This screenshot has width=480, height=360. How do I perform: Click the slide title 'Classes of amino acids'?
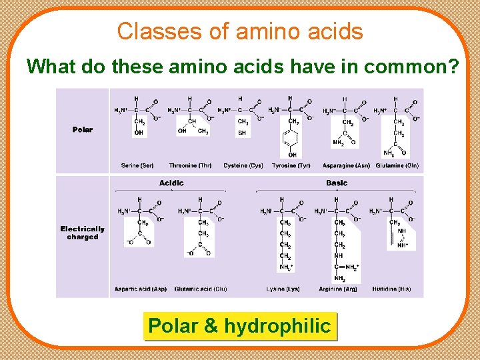pyautogui.click(x=240, y=31)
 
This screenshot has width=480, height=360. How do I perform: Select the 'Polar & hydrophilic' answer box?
pyautogui.click(x=239, y=326)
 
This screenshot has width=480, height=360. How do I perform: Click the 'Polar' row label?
pyautogui.click(x=83, y=129)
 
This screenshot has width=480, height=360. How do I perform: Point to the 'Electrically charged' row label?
pyautogui.click(x=83, y=233)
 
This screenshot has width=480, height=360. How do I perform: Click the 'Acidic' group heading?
pyautogui.click(x=171, y=183)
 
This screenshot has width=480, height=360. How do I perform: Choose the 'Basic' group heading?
pyautogui.click(x=337, y=183)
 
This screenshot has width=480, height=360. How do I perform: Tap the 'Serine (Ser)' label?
pyautogui.click(x=138, y=165)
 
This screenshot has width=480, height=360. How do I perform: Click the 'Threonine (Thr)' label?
pyautogui.click(x=190, y=165)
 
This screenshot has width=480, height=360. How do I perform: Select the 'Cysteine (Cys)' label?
pyautogui.click(x=243, y=165)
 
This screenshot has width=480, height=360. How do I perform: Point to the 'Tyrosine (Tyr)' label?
pyautogui.click(x=291, y=165)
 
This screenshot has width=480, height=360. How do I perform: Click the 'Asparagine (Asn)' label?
pyautogui.click(x=345, y=165)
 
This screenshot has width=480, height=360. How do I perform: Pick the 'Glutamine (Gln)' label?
pyautogui.click(x=397, y=165)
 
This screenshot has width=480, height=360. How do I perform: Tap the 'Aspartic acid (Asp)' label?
pyautogui.click(x=141, y=289)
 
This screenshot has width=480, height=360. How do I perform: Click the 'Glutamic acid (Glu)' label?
pyautogui.click(x=201, y=289)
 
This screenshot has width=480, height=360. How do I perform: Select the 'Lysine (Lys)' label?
pyautogui.click(x=284, y=289)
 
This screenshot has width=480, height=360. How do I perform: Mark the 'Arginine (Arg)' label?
pyautogui.click(x=340, y=289)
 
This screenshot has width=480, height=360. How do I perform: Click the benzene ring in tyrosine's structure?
pyautogui.click(x=293, y=140)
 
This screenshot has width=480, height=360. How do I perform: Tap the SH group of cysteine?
pyautogui.click(x=242, y=133)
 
